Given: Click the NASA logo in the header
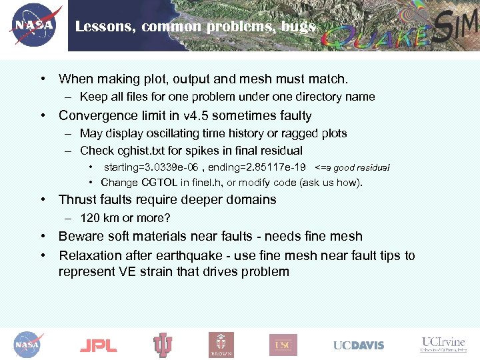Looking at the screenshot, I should point(34,25).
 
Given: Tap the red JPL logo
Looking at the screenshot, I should point(98,345).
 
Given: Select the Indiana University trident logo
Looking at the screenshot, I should point(163,345).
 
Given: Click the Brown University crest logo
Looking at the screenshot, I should point(221,345).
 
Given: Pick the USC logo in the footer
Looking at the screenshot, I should point(283,345).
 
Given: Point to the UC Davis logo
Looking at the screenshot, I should point(359,345).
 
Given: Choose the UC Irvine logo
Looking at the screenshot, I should point(443,344).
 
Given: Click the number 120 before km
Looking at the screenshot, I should point(89,218).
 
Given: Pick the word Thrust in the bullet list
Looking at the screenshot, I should point(76,199).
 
